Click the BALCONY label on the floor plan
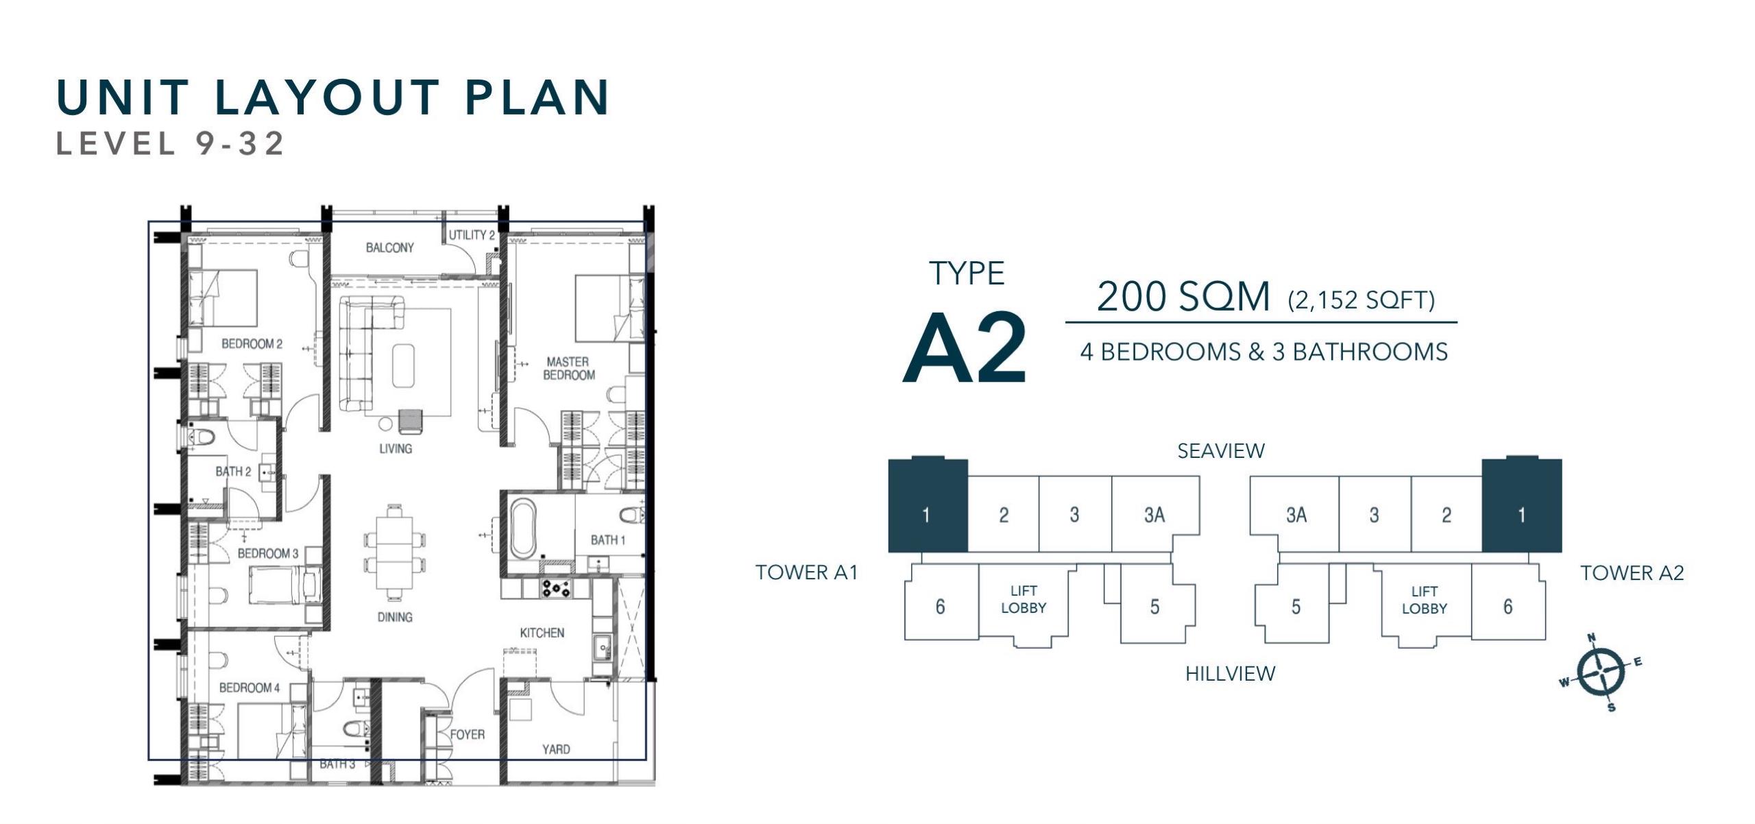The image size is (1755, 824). [x=389, y=247]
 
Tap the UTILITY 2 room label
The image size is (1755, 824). [x=472, y=235]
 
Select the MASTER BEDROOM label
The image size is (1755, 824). [x=568, y=368]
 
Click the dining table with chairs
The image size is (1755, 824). [x=394, y=552]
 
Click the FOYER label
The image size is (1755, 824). [x=468, y=734]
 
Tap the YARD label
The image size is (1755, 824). [x=556, y=749]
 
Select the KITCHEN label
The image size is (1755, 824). [x=542, y=633]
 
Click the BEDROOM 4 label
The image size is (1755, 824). [x=250, y=688]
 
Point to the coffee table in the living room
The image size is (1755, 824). [x=403, y=366]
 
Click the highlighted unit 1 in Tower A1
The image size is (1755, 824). [x=928, y=506]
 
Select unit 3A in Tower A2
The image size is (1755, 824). [x=1295, y=514]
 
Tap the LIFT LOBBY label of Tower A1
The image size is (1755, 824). [x=1024, y=599]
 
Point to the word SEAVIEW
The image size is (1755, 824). [x=1221, y=450]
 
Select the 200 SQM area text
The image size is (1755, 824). [x=1183, y=297]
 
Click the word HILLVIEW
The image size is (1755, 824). [x=1231, y=674]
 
